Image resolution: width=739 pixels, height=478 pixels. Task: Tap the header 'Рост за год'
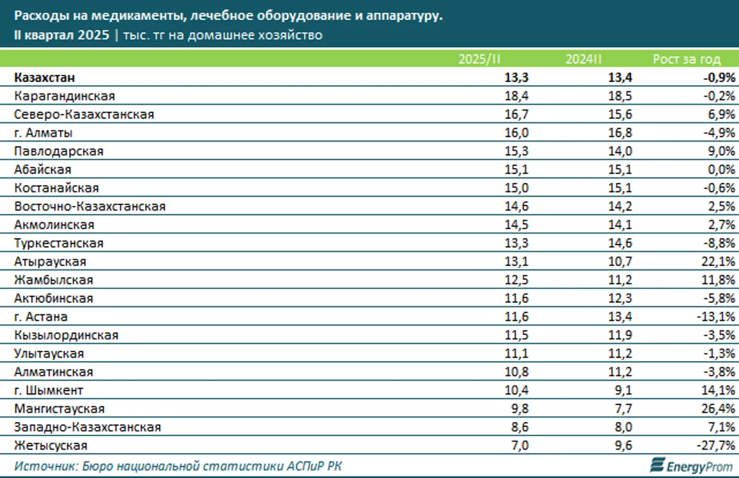tap(686, 59)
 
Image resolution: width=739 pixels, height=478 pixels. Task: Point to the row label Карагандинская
tap(65, 96)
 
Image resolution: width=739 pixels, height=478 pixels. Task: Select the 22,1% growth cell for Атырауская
tap(719, 262)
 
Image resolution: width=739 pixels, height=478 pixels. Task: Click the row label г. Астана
tap(42, 317)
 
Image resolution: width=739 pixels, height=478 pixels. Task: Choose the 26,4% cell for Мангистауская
tap(719, 409)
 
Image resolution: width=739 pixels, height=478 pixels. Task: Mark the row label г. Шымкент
tap(49, 391)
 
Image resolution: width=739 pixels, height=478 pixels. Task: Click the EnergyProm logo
tap(692, 466)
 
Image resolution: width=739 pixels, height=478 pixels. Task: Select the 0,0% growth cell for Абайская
tap(722, 170)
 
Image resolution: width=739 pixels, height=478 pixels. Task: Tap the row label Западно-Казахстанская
tap(88, 428)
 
